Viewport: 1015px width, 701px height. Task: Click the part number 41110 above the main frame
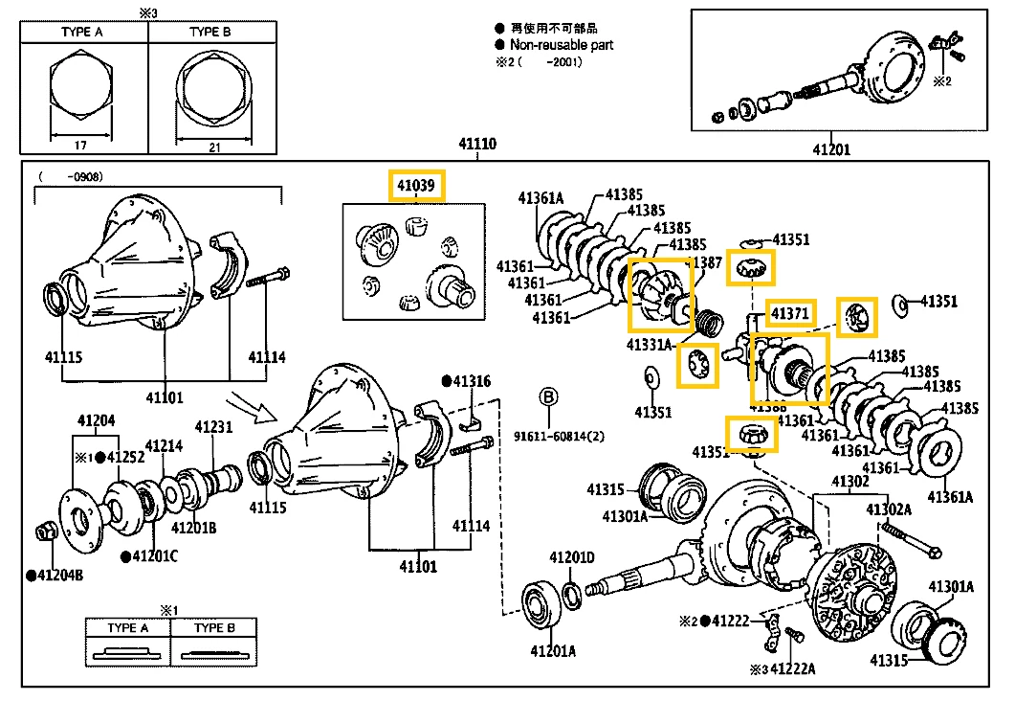point(477,146)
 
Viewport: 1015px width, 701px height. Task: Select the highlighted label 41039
point(416,186)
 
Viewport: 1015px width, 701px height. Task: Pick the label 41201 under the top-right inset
point(831,149)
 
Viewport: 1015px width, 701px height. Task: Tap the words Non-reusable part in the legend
point(562,44)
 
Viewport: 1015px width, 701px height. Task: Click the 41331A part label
point(651,344)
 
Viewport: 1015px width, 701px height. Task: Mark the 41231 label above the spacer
point(214,427)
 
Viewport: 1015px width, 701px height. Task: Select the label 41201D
point(572,557)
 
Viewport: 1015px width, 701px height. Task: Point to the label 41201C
point(154,556)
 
